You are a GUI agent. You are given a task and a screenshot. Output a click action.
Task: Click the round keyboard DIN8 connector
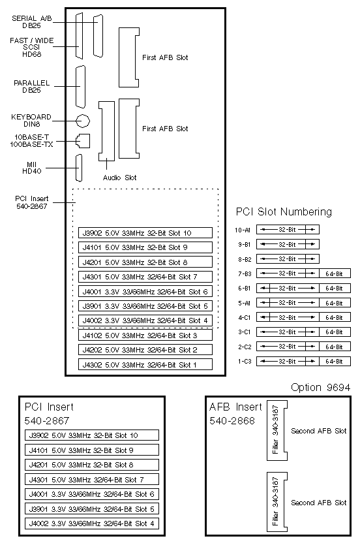point(83,121)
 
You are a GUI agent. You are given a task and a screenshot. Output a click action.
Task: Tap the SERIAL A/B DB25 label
point(32,22)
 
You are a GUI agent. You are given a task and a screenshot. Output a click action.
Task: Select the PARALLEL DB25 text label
point(32,87)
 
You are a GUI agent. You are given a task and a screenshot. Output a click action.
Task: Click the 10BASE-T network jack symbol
point(83,141)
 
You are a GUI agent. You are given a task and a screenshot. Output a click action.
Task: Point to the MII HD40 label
point(32,168)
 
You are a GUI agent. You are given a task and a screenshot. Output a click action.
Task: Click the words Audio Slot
point(119,178)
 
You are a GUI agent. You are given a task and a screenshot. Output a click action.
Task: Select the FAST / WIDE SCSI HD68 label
point(32,47)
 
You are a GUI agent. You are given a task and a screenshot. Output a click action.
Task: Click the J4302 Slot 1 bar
point(145,364)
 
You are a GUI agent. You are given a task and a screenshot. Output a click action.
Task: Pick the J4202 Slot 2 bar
point(145,350)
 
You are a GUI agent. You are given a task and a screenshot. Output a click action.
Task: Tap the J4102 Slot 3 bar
point(145,336)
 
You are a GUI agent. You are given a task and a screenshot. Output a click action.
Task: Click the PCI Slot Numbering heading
point(284,211)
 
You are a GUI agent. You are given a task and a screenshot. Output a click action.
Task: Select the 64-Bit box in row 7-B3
point(335,273)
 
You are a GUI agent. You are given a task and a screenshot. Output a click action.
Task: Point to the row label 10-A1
point(243,230)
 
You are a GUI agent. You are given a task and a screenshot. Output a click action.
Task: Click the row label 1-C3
point(245,362)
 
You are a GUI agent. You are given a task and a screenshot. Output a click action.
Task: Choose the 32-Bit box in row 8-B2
point(288,259)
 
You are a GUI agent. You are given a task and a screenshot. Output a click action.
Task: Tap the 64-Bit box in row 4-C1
point(335,317)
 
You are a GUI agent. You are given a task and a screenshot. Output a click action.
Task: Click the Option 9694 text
point(321,387)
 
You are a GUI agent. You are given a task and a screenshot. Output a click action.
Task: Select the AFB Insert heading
point(235,407)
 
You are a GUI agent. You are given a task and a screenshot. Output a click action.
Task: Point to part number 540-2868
point(232,421)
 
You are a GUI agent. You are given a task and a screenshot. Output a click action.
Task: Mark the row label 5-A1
point(245,303)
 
